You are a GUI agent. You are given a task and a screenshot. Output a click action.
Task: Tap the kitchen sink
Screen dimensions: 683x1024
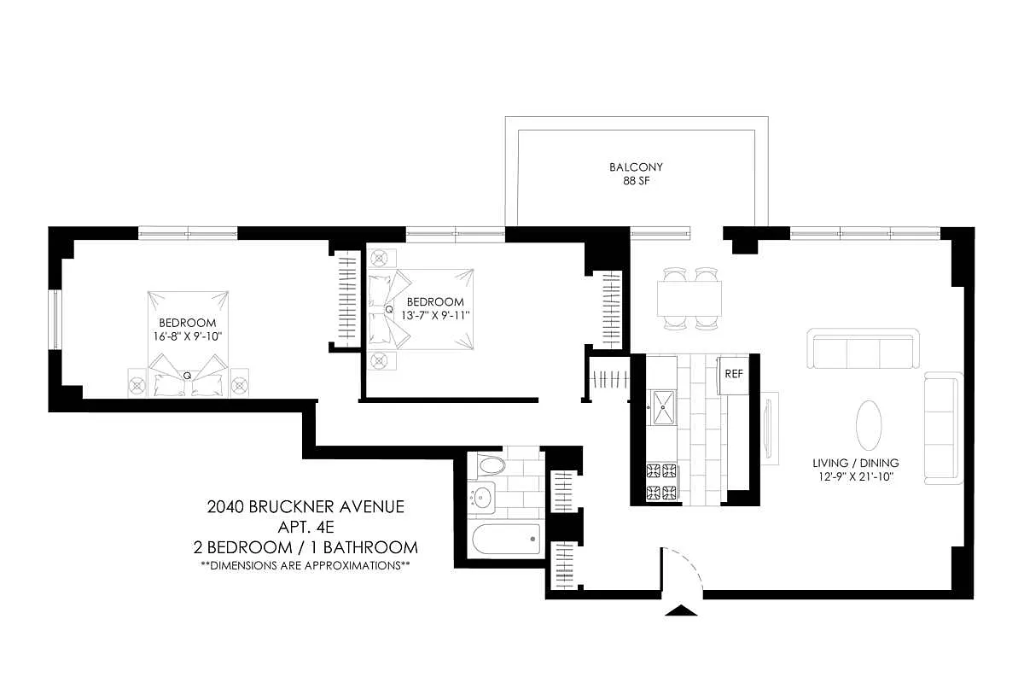(662, 406)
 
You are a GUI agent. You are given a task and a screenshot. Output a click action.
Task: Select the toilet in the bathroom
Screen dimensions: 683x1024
(491, 466)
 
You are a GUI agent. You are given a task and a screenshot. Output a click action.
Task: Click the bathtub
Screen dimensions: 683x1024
(507, 540)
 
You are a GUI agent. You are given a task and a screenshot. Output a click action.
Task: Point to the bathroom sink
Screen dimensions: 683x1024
(483, 496)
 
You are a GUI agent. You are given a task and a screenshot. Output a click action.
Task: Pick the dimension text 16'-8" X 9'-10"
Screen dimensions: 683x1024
(188, 336)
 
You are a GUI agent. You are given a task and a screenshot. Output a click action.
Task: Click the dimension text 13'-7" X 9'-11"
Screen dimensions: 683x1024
(435, 315)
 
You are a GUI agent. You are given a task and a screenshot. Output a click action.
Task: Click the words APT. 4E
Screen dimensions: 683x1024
(305, 527)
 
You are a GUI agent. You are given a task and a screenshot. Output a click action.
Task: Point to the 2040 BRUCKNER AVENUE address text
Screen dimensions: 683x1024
(305, 507)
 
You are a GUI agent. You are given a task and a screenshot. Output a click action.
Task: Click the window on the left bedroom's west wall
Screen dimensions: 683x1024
(54, 319)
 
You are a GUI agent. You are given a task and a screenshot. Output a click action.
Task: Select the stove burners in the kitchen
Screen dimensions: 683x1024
(661, 482)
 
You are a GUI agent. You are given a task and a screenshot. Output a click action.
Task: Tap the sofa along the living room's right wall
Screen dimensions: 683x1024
(943, 428)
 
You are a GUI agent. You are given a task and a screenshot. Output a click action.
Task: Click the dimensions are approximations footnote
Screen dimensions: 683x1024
(305, 565)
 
